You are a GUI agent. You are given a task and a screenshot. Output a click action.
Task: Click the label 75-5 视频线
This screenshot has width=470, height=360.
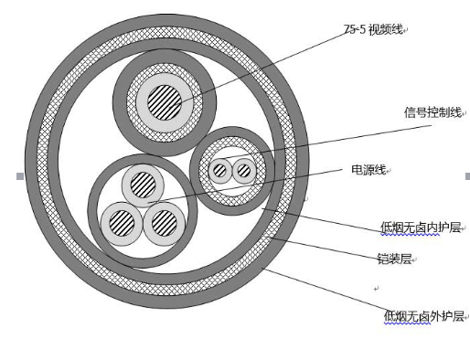tap(374, 29)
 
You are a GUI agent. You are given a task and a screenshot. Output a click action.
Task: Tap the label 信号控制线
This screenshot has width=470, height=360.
tap(433, 112)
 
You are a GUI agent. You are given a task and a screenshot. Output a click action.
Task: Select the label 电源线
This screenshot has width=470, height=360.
tap(369, 170)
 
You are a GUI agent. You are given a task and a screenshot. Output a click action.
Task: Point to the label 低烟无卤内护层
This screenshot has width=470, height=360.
tap(421, 228)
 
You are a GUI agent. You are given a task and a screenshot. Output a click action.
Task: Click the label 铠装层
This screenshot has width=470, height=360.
tap(395, 259)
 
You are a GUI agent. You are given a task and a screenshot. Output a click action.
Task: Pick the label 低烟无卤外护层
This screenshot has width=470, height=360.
tap(423, 316)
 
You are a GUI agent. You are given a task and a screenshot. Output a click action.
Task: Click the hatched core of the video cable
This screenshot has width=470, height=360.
tap(165, 102)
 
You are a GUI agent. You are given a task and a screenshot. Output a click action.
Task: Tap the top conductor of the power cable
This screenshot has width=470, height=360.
tap(143, 185)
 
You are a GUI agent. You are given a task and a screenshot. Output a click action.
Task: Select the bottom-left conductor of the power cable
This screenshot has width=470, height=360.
tap(122, 223)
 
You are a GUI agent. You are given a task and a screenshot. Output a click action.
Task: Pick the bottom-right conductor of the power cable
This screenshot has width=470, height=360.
tap(165, 223)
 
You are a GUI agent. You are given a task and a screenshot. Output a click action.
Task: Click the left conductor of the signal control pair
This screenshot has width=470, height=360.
tap(220, 171)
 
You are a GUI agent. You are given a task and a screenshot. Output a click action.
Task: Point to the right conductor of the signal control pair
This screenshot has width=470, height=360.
tap(244, 171)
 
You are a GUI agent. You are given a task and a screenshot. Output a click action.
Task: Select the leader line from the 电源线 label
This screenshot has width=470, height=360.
tap(245, 186)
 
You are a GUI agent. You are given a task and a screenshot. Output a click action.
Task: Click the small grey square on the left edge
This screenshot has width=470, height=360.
tap(20, 176)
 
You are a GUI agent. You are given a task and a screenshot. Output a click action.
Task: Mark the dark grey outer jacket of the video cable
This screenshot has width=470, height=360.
tap(165, 56)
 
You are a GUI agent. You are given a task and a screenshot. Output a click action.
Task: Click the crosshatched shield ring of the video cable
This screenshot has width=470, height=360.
tap(165, 69)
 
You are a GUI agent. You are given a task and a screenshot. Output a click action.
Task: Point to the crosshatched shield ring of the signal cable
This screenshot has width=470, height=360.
tap(232, 141)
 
